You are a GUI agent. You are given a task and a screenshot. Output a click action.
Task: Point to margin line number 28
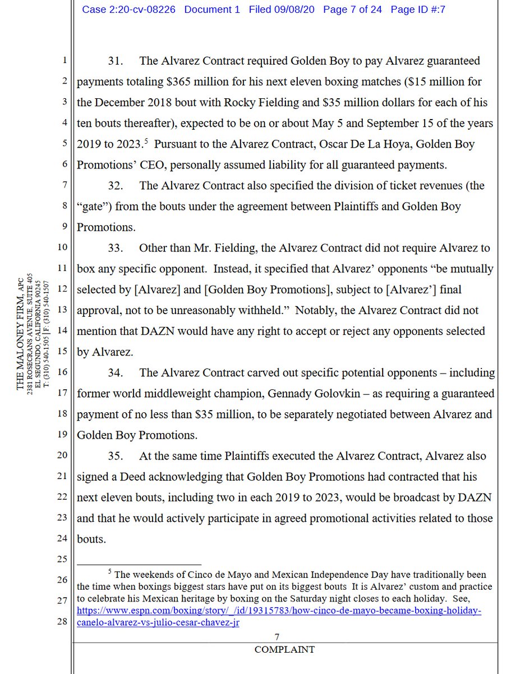63,622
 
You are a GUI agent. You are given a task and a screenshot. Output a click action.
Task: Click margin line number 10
63,247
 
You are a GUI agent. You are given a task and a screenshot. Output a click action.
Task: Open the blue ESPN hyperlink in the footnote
279,611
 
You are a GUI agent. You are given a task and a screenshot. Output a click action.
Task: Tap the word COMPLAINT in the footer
284,649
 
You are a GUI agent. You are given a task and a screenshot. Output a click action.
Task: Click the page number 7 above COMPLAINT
277,636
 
